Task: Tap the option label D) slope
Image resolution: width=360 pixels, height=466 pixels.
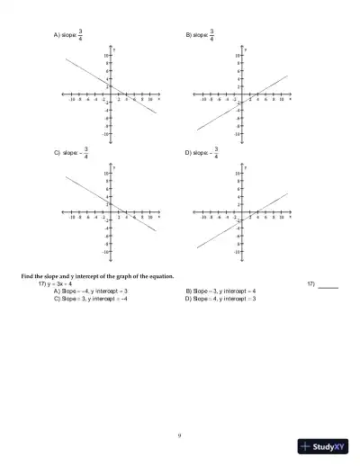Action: coord(194,153)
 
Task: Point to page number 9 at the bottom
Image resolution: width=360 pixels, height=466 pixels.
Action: coord(180,435)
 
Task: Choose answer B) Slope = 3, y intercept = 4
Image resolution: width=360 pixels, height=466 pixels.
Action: coord(220,291)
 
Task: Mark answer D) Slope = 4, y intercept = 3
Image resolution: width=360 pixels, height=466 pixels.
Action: coord(220,299)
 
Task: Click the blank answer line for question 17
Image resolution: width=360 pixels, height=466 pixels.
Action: coord(328,285)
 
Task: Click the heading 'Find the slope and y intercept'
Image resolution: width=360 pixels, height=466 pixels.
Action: coord(98,276)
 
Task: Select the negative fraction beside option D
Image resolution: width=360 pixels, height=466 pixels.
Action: coord(215,153)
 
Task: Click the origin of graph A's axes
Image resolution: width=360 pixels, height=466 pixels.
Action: coord(109,93)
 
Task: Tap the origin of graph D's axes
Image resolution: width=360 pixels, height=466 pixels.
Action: coord(240,213)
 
